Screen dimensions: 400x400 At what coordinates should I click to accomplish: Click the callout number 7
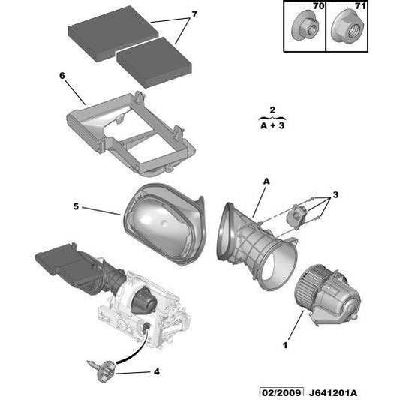pos(194,14)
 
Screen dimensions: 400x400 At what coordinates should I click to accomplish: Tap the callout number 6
pos(62,76)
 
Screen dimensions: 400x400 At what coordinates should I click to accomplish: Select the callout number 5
pos(76,206)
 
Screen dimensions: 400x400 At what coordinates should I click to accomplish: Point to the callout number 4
pos(157,371)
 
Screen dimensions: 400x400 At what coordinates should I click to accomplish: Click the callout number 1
pos(285,346)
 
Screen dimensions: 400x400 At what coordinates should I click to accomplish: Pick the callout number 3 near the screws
pos(335,194)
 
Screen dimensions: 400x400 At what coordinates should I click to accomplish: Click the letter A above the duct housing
pos(266,182)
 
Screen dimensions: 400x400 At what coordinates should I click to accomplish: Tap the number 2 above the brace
pos(272,110)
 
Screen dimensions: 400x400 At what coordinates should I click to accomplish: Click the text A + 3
pos(272,125)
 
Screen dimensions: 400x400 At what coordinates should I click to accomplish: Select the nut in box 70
pos(305,28)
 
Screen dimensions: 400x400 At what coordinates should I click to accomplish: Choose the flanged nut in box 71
pos(347,27)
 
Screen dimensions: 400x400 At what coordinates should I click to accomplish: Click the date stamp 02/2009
pos(281,392)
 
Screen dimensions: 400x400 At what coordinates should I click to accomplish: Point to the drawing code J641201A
pos(333,393)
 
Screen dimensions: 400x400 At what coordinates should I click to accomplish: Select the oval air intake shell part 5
pos(164,224)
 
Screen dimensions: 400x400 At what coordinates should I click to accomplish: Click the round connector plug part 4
pos(106,371)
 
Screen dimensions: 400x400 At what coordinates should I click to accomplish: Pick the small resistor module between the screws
pos(296,216)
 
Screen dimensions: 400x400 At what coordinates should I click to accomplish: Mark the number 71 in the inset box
pos(360,5)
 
